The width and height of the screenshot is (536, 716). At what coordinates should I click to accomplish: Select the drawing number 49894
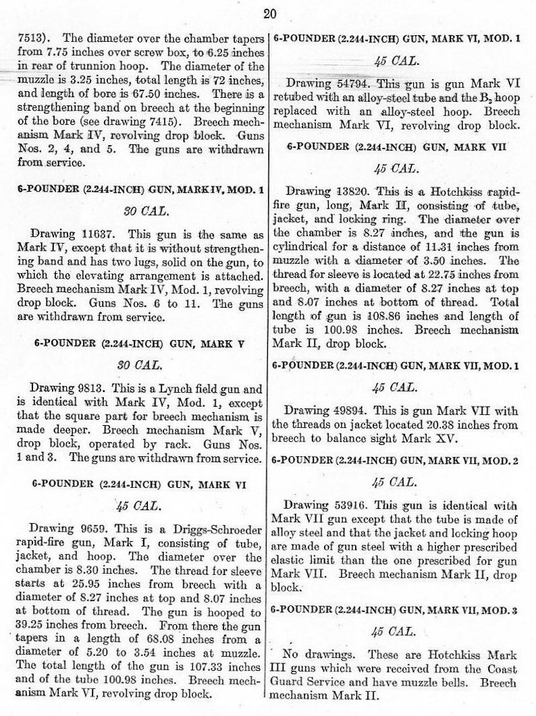click(x=346, y=410)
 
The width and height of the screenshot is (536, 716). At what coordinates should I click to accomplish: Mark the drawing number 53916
click(x=346, y=505)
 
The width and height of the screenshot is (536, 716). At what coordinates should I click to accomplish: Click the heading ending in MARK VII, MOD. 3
click(x=394, y=610)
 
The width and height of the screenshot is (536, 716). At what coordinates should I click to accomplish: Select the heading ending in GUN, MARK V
click(x=138, y=343)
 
